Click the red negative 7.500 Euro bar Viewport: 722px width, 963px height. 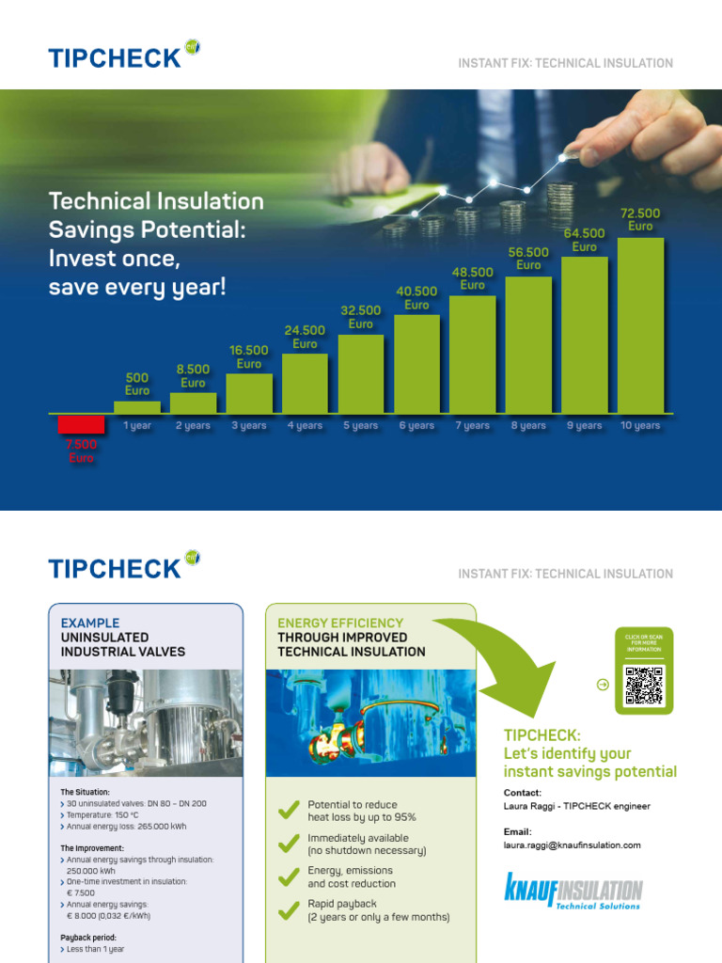pos(81,424)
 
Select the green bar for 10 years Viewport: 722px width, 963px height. pos(640,325)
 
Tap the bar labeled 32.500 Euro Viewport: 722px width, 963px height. pos(361,373)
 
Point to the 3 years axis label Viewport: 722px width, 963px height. pos(249,426)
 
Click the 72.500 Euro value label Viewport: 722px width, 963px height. pos(640,220)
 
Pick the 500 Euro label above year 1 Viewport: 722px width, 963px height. pos(137,384)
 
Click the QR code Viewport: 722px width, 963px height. pos(644,686)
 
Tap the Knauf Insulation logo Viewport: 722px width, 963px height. pos(573,892)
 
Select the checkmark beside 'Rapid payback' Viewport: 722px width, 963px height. pos(289,909)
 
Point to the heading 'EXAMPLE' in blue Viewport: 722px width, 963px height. pos(90,623)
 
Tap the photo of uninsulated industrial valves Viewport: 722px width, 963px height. pos(145,723)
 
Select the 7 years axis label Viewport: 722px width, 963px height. pos(473,426)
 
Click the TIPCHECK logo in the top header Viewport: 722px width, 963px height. pos(123,56)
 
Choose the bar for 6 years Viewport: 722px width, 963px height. pos(416,364)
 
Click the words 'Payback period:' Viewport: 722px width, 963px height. pos(89,938)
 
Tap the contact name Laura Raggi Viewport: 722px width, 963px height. pos(529,806)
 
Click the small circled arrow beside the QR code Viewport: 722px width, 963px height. pos(604,685)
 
